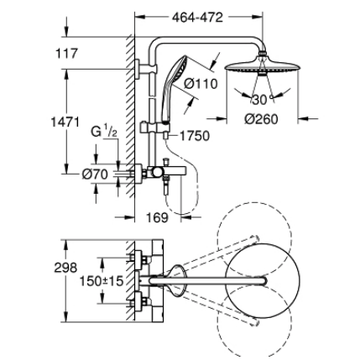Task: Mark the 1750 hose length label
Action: pos(193,134)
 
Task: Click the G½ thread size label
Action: pos(102,133)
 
